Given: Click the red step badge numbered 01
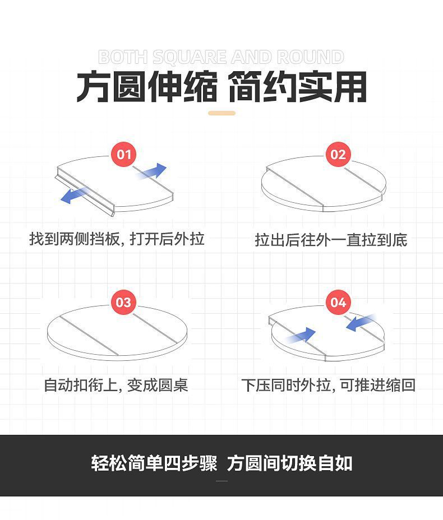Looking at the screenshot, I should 123,155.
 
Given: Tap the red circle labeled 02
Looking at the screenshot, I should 338,155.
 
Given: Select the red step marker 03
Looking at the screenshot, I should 123,303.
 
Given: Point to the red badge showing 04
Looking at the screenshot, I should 338,303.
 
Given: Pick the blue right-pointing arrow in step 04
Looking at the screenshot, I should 301,336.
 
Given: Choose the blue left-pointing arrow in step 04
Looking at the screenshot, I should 360,323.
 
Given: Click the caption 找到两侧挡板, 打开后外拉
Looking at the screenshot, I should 117,239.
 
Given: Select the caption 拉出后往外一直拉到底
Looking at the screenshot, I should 330,240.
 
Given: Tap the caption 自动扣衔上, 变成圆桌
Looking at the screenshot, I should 116,386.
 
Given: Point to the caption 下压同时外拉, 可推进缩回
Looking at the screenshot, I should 328,386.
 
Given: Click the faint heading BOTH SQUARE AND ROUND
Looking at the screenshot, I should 221,57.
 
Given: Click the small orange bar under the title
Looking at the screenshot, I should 221,113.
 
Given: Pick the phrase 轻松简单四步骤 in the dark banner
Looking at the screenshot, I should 154,464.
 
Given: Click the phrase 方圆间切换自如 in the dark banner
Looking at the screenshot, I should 289,464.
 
